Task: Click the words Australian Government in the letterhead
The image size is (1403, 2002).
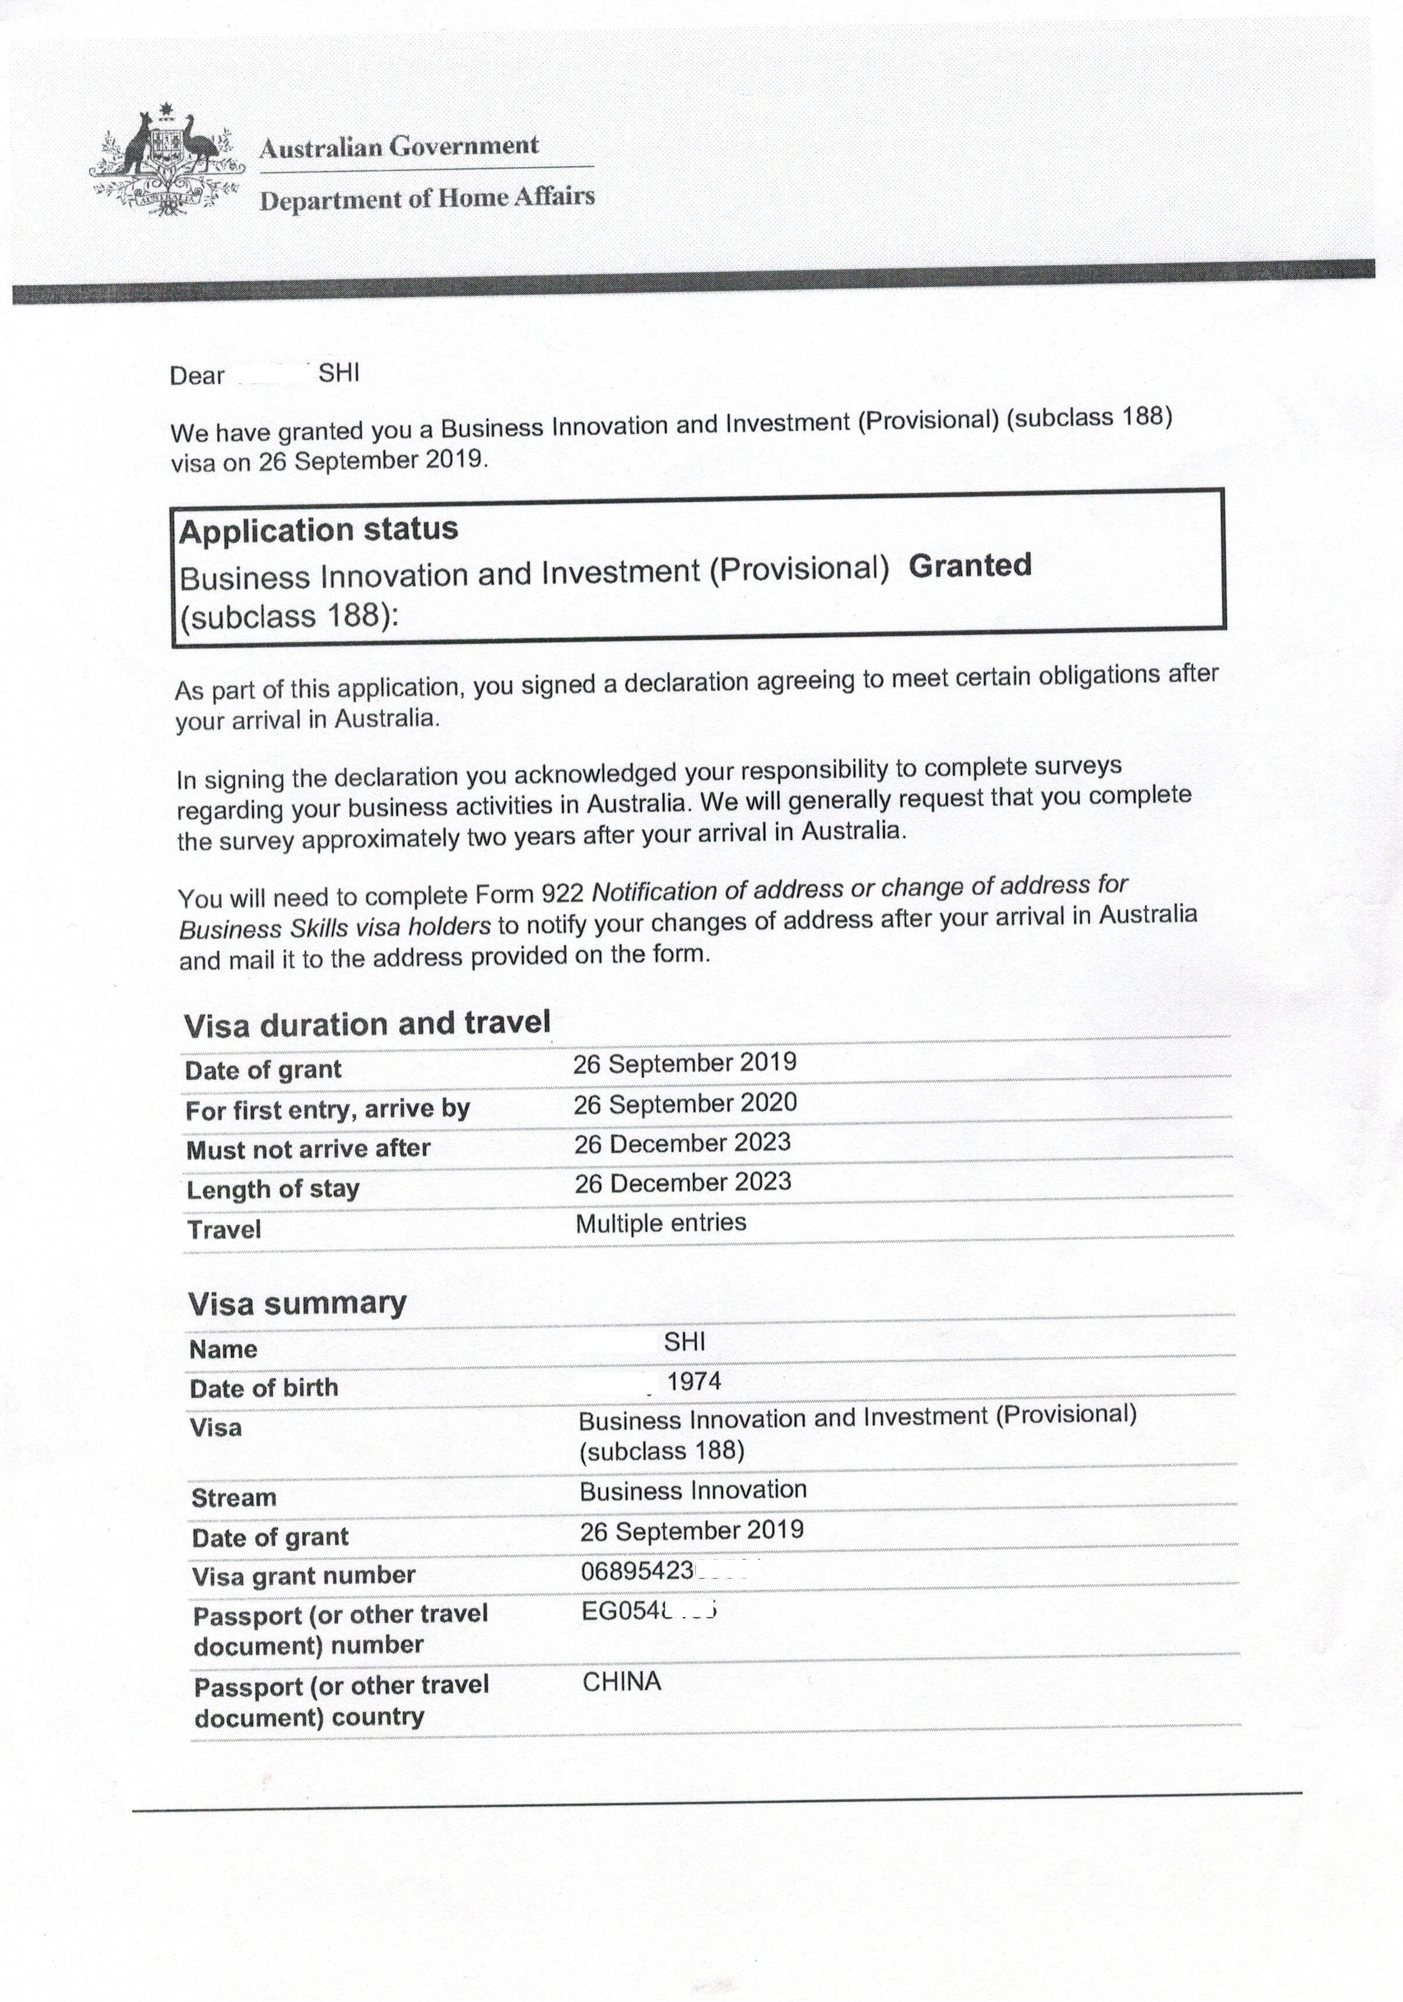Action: click(x=398, y=146)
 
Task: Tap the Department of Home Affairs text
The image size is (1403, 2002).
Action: click(x=427, y=199)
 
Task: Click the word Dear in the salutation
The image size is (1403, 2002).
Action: click(x=197, y=376)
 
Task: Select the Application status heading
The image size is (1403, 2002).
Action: click(x=318, y=530)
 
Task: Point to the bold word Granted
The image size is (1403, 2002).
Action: click(x=970, y=566)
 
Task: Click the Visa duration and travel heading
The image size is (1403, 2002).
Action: click(x=367, y=1023)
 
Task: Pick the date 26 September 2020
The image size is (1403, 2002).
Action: click(x=684, y=1104)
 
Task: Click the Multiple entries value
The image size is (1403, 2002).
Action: click(x=660, y=1223)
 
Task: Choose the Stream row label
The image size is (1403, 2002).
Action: click(x=234, y=1498)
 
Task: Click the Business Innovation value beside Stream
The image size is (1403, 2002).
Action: click(x=692, y=1490)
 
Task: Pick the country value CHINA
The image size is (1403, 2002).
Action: click(x=622, y=1682)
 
